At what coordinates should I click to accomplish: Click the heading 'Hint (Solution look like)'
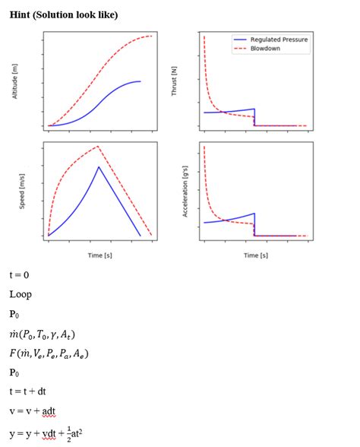pos(64,14)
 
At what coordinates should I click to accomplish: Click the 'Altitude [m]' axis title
pos(14,81)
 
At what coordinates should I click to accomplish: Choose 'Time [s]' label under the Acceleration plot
pos(255,256)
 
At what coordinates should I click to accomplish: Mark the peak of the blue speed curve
pos(99,166)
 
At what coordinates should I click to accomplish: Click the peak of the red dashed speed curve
pos(98,146)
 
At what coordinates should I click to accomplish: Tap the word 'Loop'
pos(21,294)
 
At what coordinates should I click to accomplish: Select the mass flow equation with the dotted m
pos(43,334)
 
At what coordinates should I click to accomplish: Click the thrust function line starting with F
pos(49,353)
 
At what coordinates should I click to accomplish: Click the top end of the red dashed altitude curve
pos(152,36)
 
